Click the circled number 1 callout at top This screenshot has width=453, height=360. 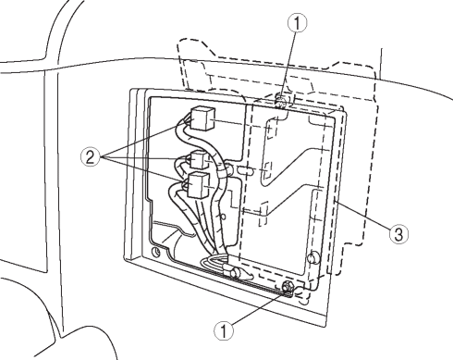coord(297,23)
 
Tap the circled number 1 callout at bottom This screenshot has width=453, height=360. coord(224,330)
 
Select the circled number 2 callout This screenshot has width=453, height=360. coord(90,157)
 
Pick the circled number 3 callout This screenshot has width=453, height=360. coord(398,234)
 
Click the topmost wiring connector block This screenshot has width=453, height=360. coord(202,118)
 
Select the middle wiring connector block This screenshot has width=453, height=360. coord(201,160)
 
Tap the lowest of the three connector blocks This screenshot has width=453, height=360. coord(199,185)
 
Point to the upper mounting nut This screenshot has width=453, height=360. coord(281,101)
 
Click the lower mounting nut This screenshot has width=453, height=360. coord(288,287)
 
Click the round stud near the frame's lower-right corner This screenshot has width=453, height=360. coord(313,257)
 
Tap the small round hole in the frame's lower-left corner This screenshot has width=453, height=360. coord(156,251)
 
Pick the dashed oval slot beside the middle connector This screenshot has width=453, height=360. coord(246,170)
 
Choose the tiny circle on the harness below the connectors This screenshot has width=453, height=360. coord(224,217)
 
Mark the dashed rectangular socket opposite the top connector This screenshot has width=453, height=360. coord(272,129)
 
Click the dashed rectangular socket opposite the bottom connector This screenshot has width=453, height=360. coord(264,214)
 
